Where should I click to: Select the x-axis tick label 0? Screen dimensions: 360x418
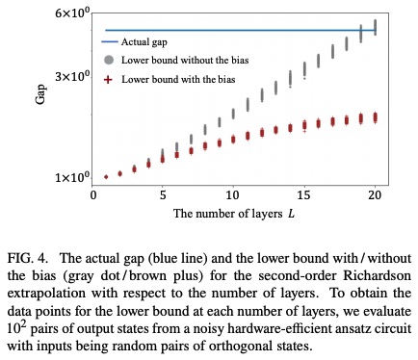pyautogui.click(x=91, y=194)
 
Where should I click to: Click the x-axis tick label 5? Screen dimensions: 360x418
pyautogui.click(x=163, y=194)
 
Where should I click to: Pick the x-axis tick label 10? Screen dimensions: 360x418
pyautogui.click(x=233, y=194)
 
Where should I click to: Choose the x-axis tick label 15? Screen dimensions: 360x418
pyautogui.click(x=304, y=194)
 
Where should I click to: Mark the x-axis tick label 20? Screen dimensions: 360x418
pyautogui.click(x=375, y=194)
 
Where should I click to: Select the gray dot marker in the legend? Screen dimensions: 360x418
pyautogui.click(x=109, y=61)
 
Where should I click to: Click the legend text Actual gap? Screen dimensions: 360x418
pyautogui.click(x=149, y=43)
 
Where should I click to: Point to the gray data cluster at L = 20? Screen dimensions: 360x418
pyautogui.click(x=375, y=27)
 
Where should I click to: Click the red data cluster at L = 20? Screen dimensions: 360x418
pyautogui.click(x=375, y=117)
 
